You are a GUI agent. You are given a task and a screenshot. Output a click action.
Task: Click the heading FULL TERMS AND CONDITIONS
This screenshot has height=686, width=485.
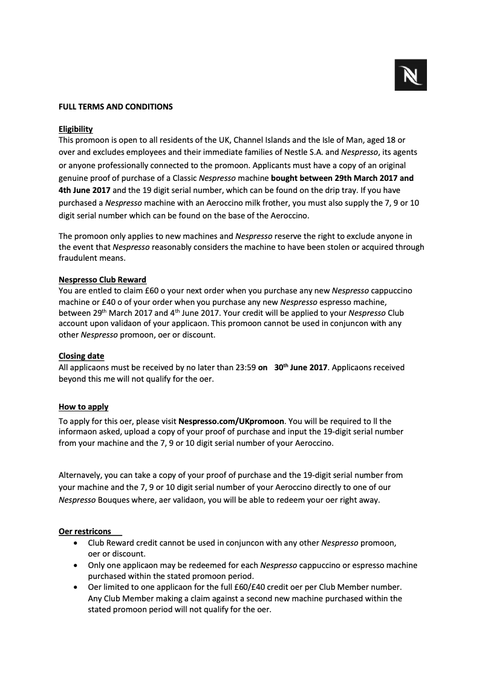pos(116,107)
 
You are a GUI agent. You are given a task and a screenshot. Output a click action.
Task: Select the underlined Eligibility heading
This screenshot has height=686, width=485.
pos(76,129)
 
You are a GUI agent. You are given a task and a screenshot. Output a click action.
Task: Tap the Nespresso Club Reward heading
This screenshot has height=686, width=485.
pos(102,279)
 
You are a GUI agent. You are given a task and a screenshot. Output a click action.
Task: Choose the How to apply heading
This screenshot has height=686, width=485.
pos(83,407)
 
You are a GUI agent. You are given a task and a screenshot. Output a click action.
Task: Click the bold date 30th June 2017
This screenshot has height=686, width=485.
pos(301,367)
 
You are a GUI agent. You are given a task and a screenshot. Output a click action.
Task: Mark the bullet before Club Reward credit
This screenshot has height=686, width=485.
pos(74,543)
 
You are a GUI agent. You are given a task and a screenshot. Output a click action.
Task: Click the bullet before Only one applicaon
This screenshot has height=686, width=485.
pos(74,565)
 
